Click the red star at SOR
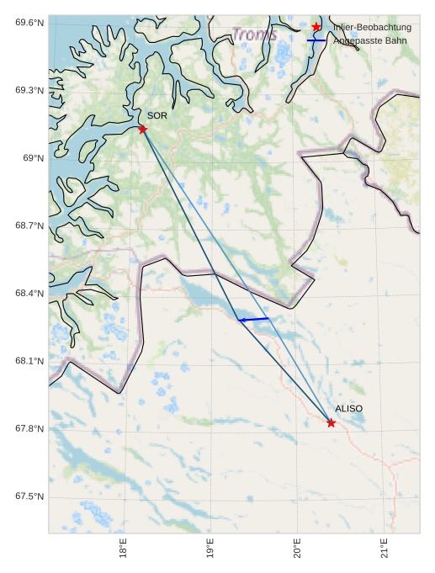pyautogui.click(x=142, y=129)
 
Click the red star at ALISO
pyautogui.click(x=331, y=422)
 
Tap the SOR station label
pyautogui.click(x=157, y=116)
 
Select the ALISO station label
pyautogui.click(x=348, y=409)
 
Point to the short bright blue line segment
pyautogui.click(x=254, y=320)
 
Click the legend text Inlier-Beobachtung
pyautogui.click(x=372, y=28)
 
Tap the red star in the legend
pyautogui.click(x=316, y=28)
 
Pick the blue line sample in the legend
pyautogui.click(x=316, y=40)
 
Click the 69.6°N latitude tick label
pyautogui.click(x=29, y=22)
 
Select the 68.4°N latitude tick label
pyautogui.click(x=29, y=294)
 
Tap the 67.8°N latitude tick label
pyautogui.click(x=29, y=429)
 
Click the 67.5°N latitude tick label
pyautogui.click(x=29, y=497)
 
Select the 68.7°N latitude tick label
pyautogui.click(x=29, y=225)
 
